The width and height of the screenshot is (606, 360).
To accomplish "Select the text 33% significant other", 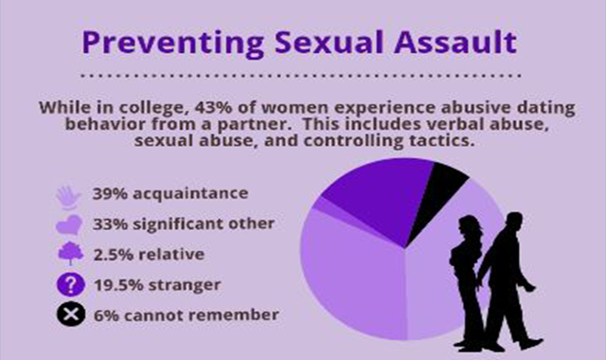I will pos(184,225).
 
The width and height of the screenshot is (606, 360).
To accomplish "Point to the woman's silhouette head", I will pos(470,227).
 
